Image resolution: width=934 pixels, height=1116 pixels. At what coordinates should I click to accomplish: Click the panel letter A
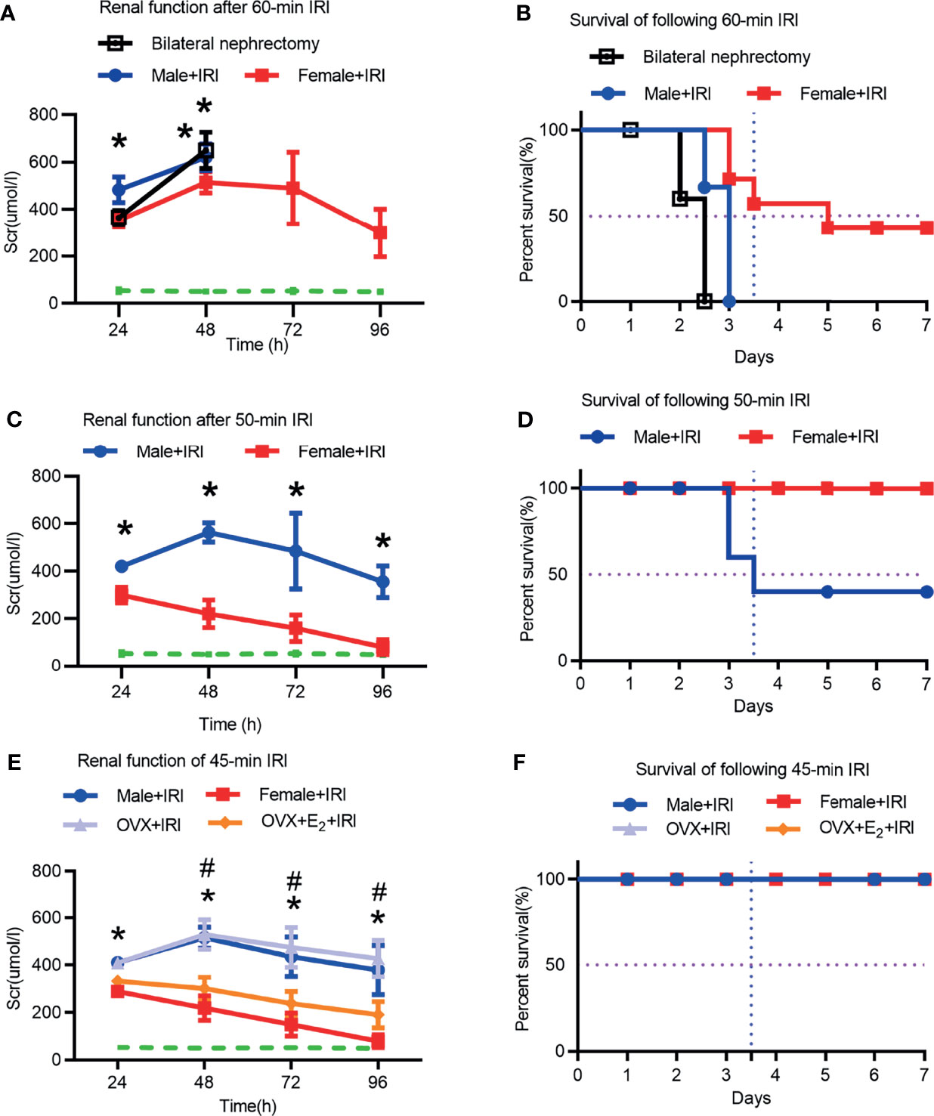(x=8, y=12)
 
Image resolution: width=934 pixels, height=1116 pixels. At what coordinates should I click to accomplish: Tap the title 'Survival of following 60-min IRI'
(x=684, y=20)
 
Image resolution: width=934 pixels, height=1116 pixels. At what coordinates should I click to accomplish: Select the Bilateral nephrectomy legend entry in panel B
(x=700, y=57)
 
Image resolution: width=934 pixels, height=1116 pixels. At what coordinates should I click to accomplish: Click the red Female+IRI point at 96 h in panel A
(x=380, y=233)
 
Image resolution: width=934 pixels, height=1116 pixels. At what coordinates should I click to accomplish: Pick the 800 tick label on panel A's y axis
(x=44, y=115)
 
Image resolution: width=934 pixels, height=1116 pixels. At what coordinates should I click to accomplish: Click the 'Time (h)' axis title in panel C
(x=230, y=724)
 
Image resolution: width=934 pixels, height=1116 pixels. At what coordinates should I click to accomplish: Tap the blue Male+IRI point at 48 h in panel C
(x=209, y=533)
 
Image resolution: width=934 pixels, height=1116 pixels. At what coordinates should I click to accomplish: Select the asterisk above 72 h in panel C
(x=296, y=490)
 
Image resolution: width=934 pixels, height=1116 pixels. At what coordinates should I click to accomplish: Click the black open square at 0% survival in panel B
(x=704, y=301)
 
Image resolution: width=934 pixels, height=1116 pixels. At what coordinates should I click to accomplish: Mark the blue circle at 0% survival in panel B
(x=728, y=301)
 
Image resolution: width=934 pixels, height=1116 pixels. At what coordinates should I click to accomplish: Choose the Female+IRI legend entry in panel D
(x=809, y=437)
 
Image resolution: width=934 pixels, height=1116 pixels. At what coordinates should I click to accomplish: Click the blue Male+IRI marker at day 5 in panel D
(x=827, y=592)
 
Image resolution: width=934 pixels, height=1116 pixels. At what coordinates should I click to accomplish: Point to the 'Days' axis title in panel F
(x=751, y=1098)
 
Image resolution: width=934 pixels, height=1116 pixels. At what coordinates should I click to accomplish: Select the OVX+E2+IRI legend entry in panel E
(x=281, y=821)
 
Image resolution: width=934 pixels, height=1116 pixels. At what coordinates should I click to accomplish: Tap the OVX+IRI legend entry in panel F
(x=672, y=829)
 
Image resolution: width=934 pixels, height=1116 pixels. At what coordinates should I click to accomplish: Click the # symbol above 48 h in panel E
(x=207, y=869)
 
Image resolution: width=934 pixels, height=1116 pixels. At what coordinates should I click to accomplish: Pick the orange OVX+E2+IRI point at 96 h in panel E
(x=378, y=1014)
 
